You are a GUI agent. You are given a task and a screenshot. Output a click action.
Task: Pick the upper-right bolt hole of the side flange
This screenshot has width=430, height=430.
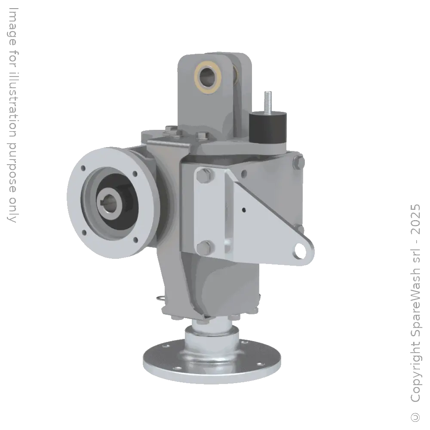pyautogui.click(x=135, y=174)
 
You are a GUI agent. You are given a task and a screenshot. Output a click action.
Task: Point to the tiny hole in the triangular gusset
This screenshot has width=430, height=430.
pyautogui.click(x=244, y=210)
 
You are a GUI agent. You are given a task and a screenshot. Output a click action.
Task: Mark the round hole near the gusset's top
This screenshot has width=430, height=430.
pyautogui.click(x=244, y=174)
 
